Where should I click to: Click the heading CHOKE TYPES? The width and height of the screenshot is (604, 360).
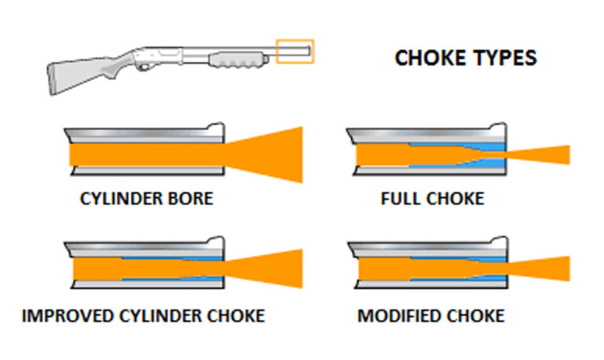466,58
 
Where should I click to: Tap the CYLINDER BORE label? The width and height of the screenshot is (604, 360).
145,199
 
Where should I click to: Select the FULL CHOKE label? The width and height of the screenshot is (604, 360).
432,199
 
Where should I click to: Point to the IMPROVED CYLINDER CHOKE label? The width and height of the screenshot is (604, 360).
144,316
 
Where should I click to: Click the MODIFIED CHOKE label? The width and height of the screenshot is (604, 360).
431,316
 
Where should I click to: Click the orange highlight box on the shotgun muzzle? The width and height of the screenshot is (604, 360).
295,52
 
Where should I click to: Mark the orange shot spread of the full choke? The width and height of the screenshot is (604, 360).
543,154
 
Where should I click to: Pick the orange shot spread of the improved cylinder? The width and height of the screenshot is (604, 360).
271,268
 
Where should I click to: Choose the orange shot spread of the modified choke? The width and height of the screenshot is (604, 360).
543,268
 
